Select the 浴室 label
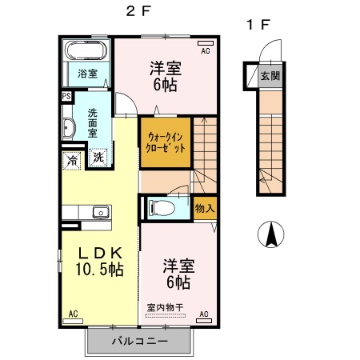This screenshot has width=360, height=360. [x=87, y=74]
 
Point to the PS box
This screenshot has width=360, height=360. [x=66, y=97]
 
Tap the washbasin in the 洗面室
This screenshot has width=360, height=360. [x=68, y=129]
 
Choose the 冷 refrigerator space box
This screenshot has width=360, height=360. [x=73, y=158]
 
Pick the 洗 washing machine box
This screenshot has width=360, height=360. [x=98, y=158]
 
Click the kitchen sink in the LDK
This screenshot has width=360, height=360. [x=100, y=212]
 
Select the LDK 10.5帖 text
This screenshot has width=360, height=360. [x=99, y=261]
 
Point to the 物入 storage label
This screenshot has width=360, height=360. [x=204, y=208]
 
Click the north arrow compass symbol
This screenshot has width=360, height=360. [x=271, y=234]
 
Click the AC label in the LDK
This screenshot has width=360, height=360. [x=73, y=313]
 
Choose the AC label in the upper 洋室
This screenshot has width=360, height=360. [x=206, y=50]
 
